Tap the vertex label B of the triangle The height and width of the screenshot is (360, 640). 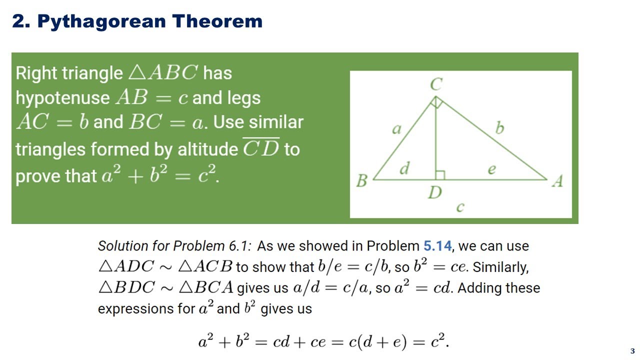coord(361,180)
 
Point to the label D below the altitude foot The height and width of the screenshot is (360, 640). coord(434,192)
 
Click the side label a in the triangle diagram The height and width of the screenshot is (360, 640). coord(396,129)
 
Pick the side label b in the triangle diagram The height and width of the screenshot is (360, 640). coord(499,128)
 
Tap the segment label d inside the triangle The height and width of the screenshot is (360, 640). coord(404,169)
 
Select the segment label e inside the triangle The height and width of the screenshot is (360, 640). coord(491,170)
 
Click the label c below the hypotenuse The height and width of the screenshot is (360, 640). coord(460,206)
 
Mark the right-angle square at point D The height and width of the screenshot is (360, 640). coord(440,174)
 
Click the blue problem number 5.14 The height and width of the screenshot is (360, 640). coord(437,246)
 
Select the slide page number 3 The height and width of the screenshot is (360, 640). coord(632,351)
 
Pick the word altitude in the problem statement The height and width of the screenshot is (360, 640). coord(208,149)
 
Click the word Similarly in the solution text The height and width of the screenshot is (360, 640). coord(500,267)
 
